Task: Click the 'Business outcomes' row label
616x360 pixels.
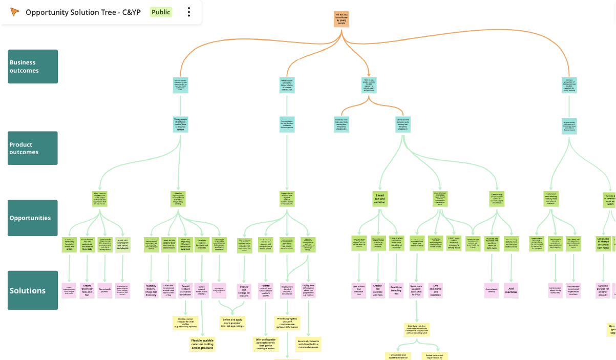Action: (33, 66)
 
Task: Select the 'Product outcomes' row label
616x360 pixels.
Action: (33, 148)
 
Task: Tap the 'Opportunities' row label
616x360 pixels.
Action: (33, 218)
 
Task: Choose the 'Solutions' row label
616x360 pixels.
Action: (33, 290)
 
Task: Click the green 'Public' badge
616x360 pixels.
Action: (161, 12)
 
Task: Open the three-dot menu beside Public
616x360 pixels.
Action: (189, 12)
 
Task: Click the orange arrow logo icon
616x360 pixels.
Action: (15, 12)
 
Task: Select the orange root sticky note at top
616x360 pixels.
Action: (342, 19)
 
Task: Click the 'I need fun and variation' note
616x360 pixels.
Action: (380, 199)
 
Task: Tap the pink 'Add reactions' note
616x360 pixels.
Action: (511, 290)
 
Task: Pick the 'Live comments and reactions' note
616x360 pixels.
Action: (435, 290)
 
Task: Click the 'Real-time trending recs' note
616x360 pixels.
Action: (396, 290)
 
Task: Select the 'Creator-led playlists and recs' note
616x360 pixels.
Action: (378, 290)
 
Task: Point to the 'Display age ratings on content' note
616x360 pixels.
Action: (244, 290)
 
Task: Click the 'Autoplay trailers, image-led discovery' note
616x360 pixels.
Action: (151, 290)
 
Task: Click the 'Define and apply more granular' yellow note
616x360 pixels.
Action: (232, 323)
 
